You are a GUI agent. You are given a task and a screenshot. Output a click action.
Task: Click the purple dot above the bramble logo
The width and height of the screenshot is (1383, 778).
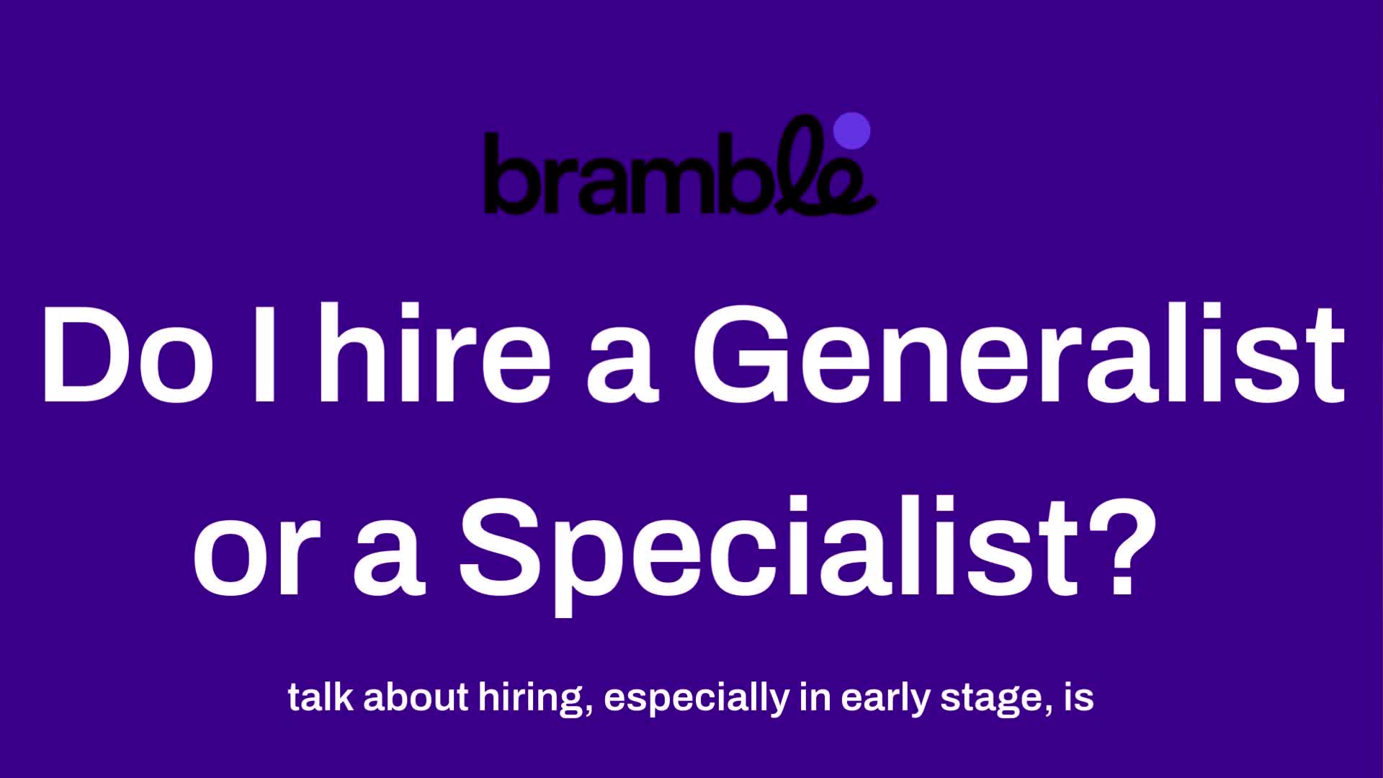click(x=851, y=131)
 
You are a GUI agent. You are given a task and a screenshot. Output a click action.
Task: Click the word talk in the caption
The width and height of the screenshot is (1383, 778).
click(x=321, y=697)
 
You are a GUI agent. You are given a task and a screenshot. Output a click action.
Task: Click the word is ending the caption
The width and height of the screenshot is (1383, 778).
click(x=1078, y=697)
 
